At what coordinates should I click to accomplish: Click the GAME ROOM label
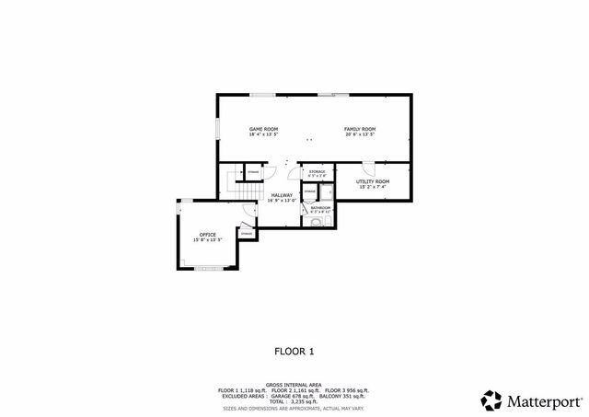[x=263, y=129]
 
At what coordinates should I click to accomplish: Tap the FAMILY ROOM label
[x=360, y=129]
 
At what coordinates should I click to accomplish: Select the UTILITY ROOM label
[x=373, y=181]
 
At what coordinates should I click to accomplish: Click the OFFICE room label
[x=208, y=235]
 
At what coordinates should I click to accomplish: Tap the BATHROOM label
[x=320, y=207]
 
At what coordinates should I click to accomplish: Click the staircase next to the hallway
[x=248, y=188]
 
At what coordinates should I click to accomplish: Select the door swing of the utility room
[x=368, y=167]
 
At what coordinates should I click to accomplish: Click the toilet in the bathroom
[x=318, y=222]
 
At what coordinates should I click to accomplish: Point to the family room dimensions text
[x=360, y=134]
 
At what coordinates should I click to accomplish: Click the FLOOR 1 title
[x=294, y=351]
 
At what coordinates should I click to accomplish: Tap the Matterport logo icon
[x=491, y=400]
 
